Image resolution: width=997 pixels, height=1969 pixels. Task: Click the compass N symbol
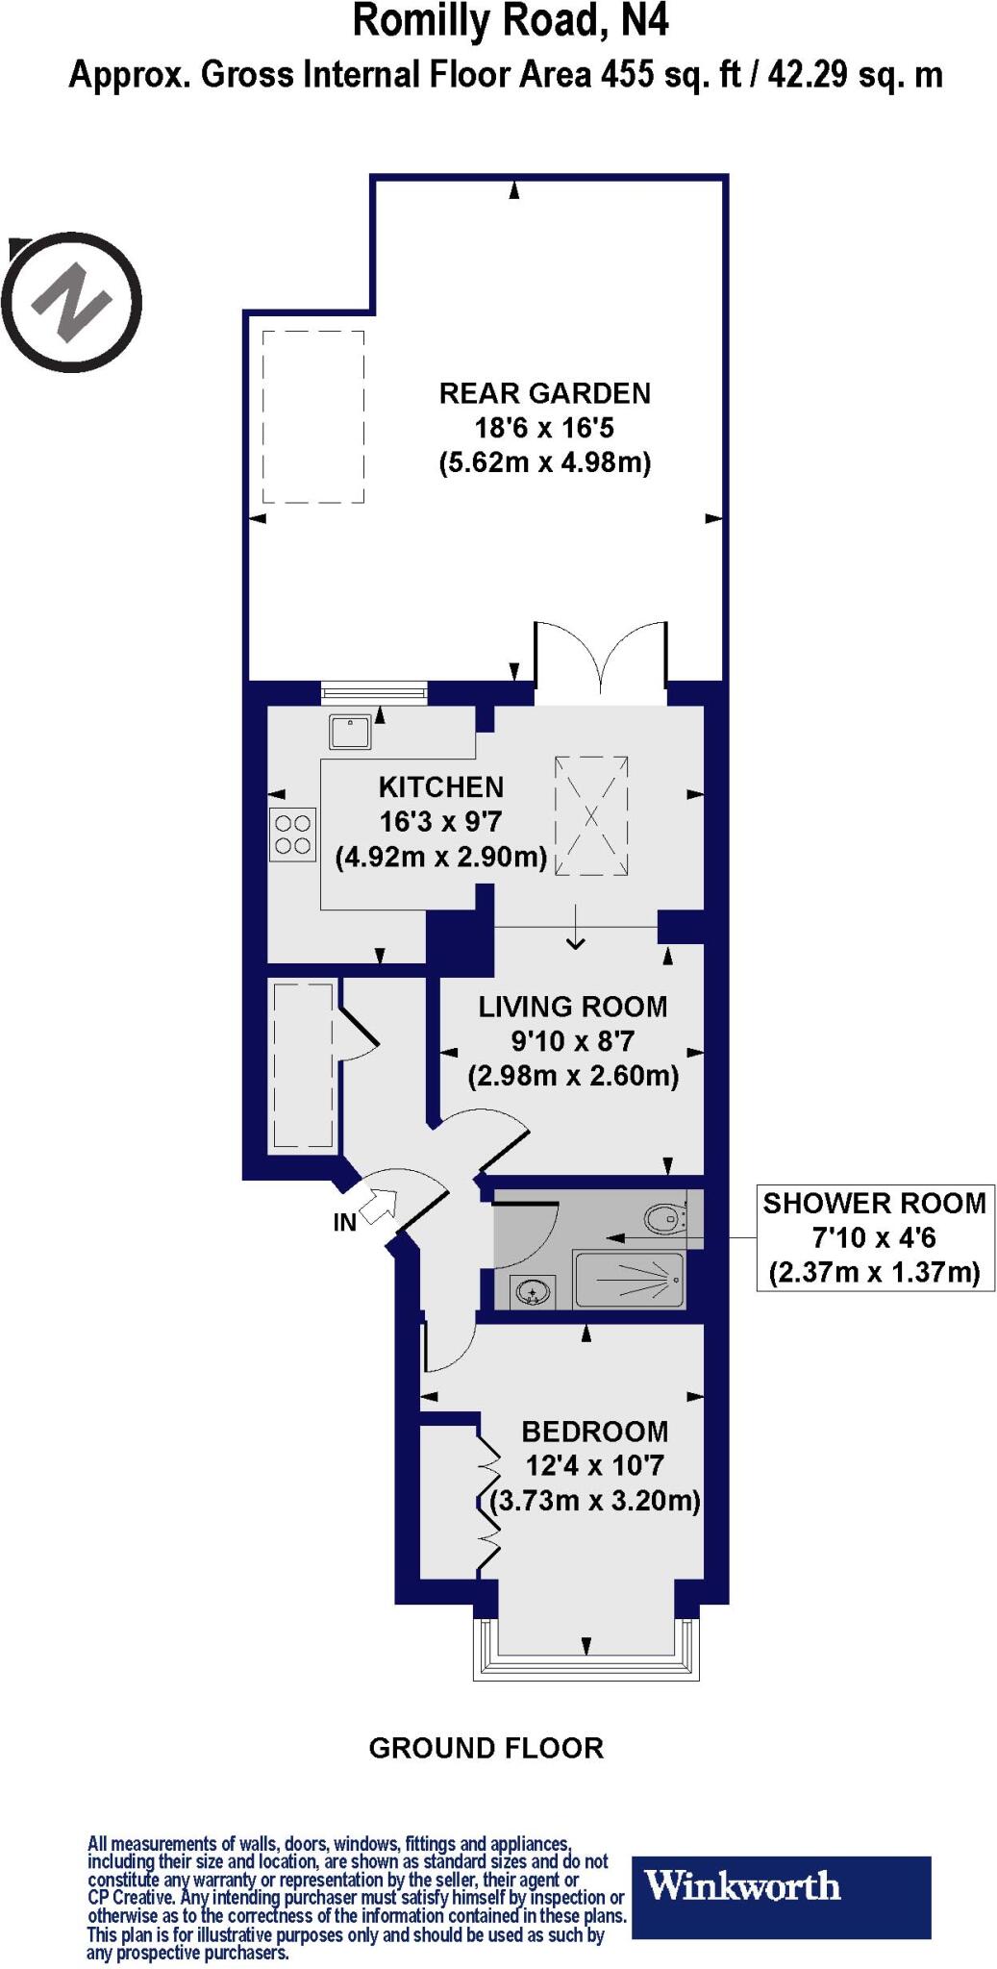pos(73,301)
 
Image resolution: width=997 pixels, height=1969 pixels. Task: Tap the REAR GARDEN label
pos(544,393)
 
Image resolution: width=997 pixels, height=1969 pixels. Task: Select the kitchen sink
pos(350,733)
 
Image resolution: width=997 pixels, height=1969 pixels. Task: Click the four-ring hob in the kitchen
pos(292,835)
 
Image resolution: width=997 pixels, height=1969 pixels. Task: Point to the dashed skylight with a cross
pos(591,816)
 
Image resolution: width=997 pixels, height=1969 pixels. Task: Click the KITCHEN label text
pos(440,787)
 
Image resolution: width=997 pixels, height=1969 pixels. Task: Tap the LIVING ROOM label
pos(573,1007)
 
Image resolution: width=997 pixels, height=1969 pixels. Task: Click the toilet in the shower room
pos(666,1219)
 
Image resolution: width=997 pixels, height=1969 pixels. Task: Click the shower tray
pos(629,1280)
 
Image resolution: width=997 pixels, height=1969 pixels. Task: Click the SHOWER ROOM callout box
pos(875,1237)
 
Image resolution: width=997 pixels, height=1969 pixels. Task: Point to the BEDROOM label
pos(594,1432)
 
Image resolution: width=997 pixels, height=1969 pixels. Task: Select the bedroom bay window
pos(586,1648)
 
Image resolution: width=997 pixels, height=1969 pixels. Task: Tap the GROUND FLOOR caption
pos(486,1748)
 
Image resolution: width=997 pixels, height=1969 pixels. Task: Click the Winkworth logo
pos(780,1884)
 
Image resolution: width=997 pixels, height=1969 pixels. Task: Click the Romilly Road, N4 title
pos(510,21)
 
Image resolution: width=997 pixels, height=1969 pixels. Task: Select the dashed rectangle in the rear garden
pos(313,416)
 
